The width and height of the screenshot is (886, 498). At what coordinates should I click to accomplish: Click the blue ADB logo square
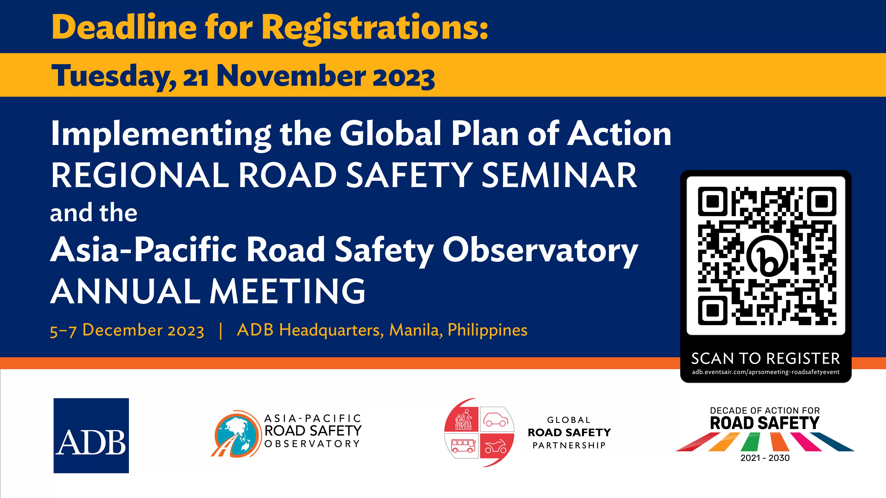click(x=91, y=435)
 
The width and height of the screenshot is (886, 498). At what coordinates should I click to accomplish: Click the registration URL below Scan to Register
click(x=766, y=372)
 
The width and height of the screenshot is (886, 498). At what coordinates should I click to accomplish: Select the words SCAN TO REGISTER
click(x=766, y=359)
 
